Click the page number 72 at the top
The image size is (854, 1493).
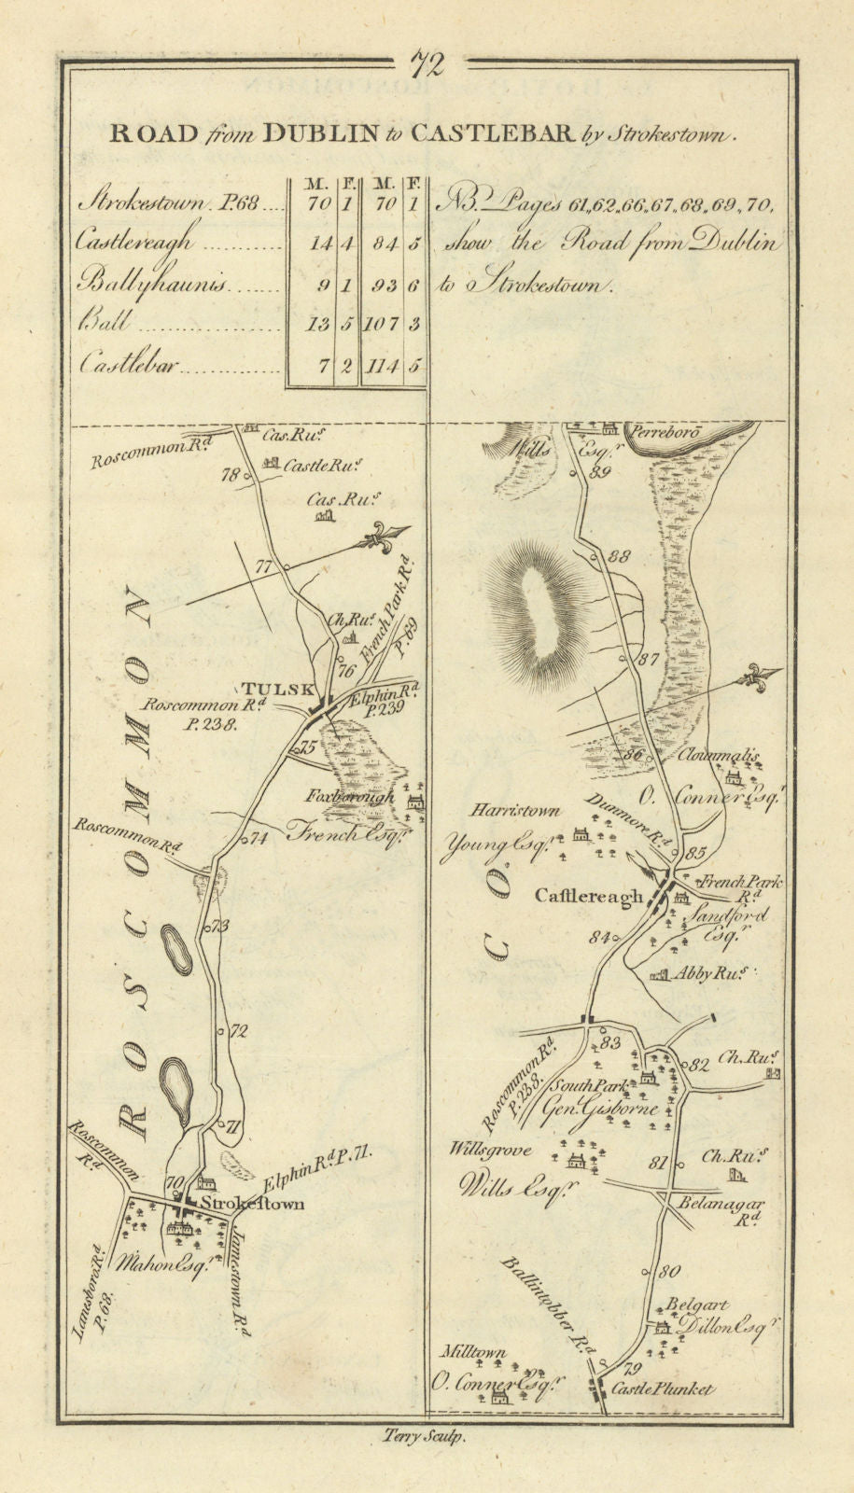click(x=427, y=64)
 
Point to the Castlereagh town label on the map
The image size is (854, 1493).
click(x=589, y=897)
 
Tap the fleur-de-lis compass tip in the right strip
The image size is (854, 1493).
click(x=772, y=679)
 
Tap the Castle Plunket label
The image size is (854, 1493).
click(x=663, y=1389)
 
